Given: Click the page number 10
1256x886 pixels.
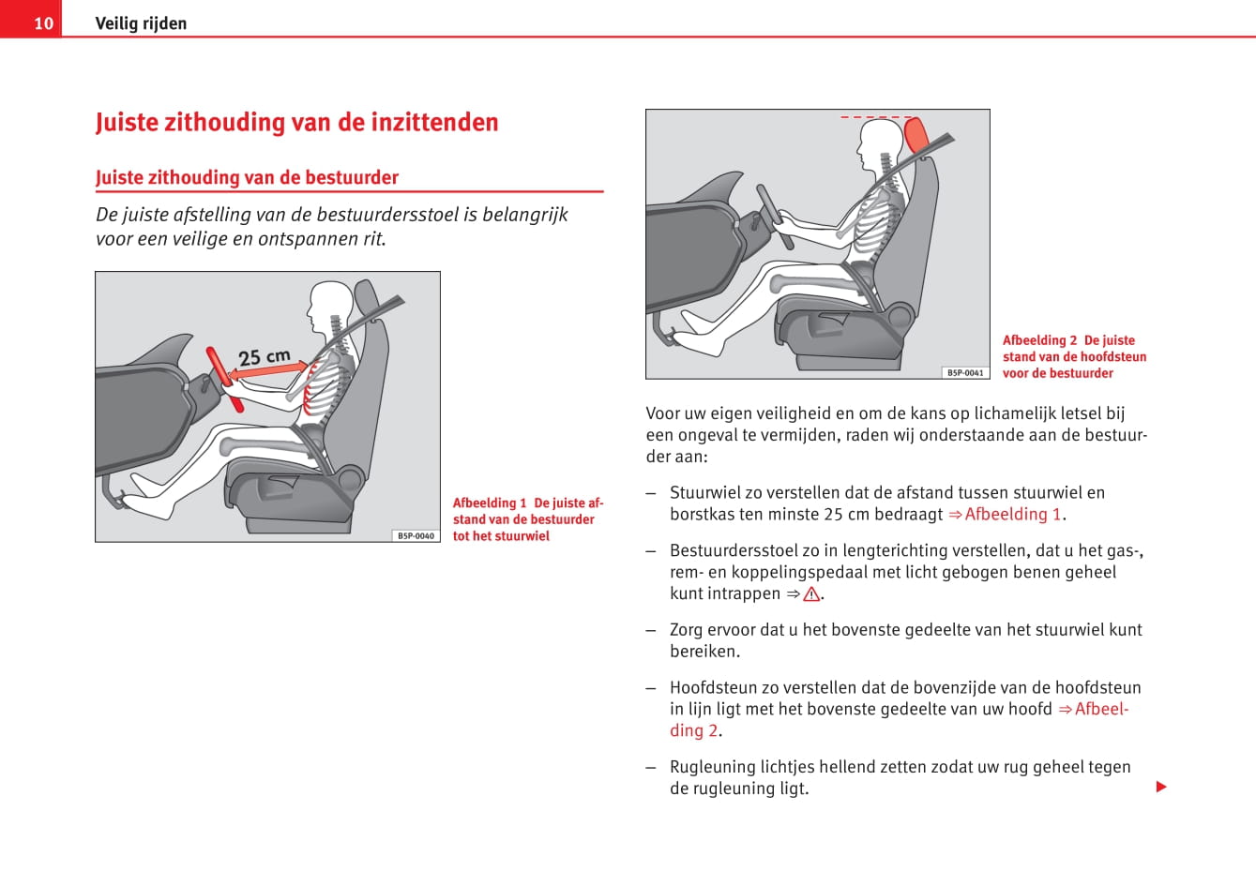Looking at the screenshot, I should coord(43,23).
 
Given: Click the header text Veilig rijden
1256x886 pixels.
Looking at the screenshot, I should coord(141,23).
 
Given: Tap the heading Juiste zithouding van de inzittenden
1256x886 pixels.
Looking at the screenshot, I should coord(296,123).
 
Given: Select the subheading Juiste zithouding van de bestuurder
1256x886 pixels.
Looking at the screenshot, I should coord(247,177).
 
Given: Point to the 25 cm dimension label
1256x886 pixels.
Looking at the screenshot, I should coord(264,357).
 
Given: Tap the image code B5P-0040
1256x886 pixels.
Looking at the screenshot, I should coord(416,535).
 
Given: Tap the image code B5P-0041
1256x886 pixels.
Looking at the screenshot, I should coord(965,372).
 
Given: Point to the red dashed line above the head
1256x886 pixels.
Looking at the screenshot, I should coord(876,117).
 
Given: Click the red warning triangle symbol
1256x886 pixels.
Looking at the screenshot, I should coord(811,594).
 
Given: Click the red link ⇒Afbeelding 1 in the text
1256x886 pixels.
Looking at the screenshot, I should coord(1005,515).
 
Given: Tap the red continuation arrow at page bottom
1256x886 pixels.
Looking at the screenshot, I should coord(1161,787).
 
